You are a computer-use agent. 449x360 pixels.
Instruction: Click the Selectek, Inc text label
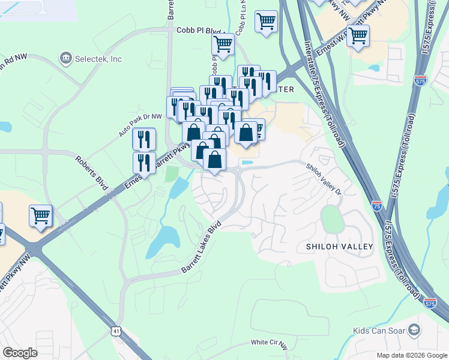pos(98,59)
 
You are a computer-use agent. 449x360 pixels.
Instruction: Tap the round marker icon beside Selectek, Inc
pos(65,59)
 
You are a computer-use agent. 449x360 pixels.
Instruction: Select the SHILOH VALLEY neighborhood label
pos(339,247)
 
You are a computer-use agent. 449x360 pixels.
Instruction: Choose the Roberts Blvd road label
pos(91,174)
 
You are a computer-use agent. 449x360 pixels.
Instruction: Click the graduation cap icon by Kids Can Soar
pos(414,329)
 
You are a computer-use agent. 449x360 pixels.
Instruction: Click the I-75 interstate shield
pos(376,205)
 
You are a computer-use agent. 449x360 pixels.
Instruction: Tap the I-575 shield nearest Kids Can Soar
pos(430,304)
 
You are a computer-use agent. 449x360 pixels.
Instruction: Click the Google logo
pos(20,352)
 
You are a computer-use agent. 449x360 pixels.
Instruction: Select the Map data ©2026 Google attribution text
pos(411,355)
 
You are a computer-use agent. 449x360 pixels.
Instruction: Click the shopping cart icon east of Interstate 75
pos(358,35)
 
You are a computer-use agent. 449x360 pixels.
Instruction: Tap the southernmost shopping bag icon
pos(214,160)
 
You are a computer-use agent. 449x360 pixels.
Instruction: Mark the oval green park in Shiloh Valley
pos(331,220)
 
